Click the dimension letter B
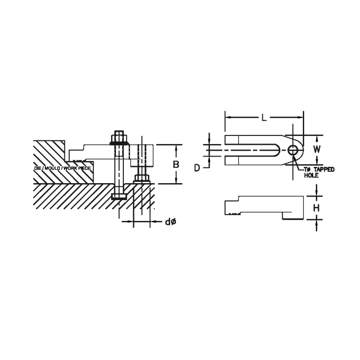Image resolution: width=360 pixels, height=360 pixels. pos(176,165)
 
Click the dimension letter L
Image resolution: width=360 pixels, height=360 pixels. pos(264,118)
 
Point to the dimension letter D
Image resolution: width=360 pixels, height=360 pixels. pos(197,167)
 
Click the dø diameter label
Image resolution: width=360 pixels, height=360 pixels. pos(170,221)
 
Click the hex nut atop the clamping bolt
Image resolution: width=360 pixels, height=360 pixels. pos(120,135)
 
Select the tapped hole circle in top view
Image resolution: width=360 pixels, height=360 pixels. pos(293,149)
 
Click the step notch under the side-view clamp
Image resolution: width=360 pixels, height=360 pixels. pos(283,216)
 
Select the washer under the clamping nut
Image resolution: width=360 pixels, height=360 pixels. pos(119,144)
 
